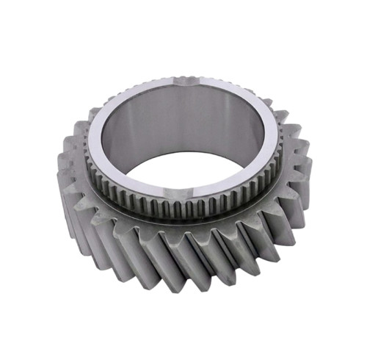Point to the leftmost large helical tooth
(60, 176)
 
